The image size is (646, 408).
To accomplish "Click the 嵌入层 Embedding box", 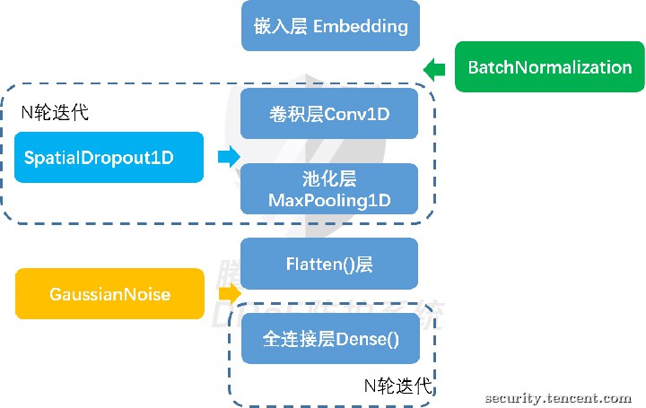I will click(x=329, y=26).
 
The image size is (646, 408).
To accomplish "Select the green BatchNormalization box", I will click(x=549, y=67).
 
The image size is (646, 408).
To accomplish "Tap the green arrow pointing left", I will click(x=434, y=68).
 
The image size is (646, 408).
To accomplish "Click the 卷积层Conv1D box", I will click(x=329, y=113).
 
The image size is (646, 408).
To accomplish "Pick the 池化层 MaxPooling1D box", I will click(x=329, y=188).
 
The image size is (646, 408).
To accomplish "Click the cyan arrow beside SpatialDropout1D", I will click(x=229, y=157).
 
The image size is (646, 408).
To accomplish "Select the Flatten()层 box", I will click(x=329, y=264).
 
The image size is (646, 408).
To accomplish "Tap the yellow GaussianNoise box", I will click(x=109, y=294).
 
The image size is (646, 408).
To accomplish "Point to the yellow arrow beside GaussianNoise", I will click(x=230, y=294).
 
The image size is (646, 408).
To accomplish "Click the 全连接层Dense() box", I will click(x=329, y=339).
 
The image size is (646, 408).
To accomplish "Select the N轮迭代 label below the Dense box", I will click(x=397, y=386).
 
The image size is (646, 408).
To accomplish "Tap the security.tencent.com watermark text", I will click(x=557, y=397).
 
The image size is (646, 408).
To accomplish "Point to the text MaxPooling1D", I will click(x=329, y=200).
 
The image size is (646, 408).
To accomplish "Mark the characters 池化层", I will click(x=329, y=178).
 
